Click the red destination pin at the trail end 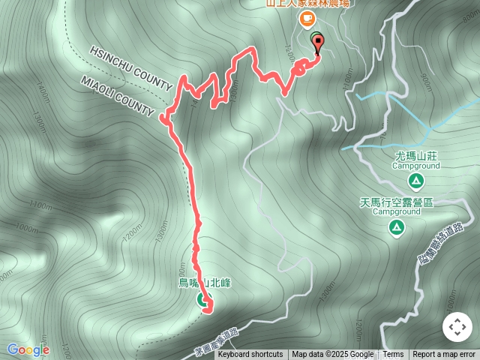pyautogui.click(x=316, y=44)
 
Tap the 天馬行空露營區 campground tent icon pyautogui.click(x=397, y=226)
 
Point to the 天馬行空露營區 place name pyautogui.click(x=397, y=202)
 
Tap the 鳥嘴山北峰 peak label pyautogui.click(x=204, y=283)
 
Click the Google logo pyautogui.click(x=28, y=349)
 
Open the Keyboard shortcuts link pyautogui.click(x=250, y=355)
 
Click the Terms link pyautogui.click(x=393, y=355)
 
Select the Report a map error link pyautogui.click(x=444, y=355)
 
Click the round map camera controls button pyautogui.click(x=457, y=327)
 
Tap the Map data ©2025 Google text pyautogui.click(x=332, y=355)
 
